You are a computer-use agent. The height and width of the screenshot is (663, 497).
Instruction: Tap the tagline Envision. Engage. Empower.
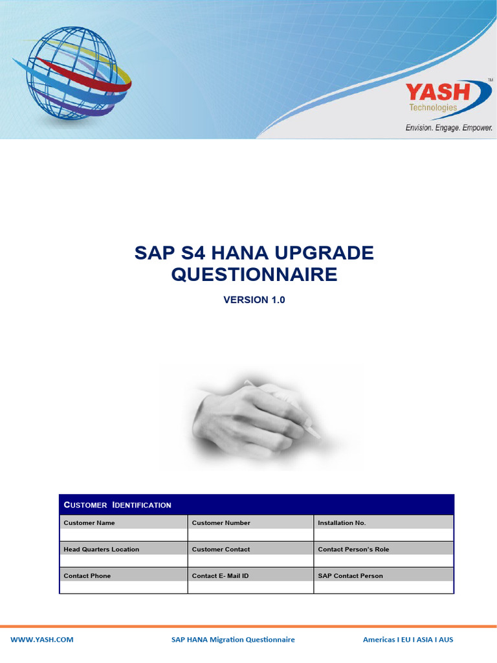click(x=449, y=128)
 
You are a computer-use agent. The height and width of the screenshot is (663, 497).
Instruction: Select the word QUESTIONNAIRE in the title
click(x=254, y=275)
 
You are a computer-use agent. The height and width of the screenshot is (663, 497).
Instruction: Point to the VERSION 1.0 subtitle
click(x=254, y=300)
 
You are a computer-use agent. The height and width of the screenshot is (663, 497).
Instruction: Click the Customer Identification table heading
click(x=117, y=505)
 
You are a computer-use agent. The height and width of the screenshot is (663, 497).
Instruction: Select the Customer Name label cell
click(x=89, y=523)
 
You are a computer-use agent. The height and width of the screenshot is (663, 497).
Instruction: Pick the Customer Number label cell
click(x=221, y=523)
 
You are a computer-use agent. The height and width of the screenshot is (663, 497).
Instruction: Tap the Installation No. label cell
click(x=342, y=523)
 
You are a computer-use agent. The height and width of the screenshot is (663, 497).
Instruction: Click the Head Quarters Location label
click(x=101, y=549)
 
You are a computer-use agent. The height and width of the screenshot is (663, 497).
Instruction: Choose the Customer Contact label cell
click(x=221, y=549)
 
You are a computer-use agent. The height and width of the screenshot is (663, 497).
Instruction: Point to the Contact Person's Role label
click(x=353, y=549)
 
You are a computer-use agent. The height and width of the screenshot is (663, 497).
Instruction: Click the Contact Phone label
click(x=87, y=576)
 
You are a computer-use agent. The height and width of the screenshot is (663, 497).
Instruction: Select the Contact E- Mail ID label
click(x=220, y=576)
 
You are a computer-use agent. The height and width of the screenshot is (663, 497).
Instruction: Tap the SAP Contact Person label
click(x=350, y=576)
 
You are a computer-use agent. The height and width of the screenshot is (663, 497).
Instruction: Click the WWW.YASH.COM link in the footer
click(x=42, y=640)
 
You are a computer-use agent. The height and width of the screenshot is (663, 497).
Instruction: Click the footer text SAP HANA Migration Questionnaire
click(x=233, y=640)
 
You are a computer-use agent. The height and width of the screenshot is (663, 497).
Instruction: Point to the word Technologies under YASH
click(x=433, y=107)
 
